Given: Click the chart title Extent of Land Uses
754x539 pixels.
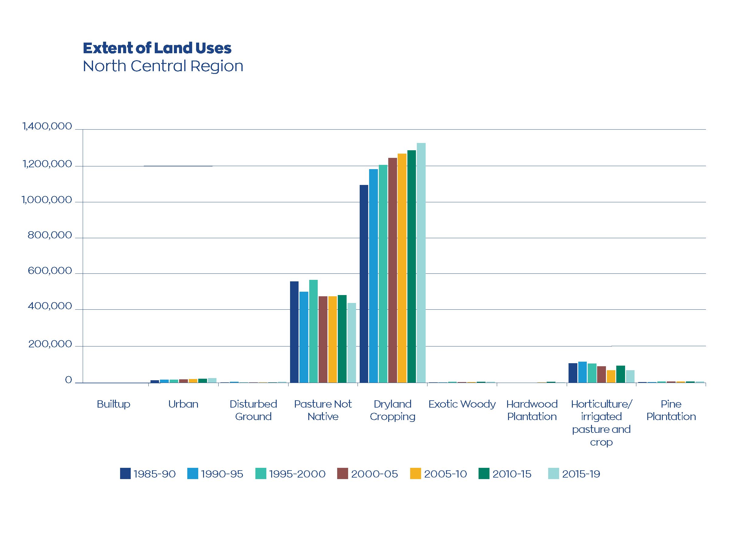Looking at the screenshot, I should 157,48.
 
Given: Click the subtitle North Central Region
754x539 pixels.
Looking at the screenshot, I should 163,66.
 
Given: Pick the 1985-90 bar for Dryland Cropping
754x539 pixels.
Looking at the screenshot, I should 364,284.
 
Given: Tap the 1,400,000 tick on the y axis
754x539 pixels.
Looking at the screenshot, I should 47,126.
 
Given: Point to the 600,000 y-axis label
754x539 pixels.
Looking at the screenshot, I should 50,270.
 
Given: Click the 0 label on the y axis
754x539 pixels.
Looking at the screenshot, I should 68,380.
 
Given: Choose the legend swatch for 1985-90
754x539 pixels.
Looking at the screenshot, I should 125,473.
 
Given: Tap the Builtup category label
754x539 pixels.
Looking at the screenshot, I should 113,404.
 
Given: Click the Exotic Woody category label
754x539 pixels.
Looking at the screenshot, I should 462,404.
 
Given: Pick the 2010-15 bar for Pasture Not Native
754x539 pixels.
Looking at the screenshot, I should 342,339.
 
